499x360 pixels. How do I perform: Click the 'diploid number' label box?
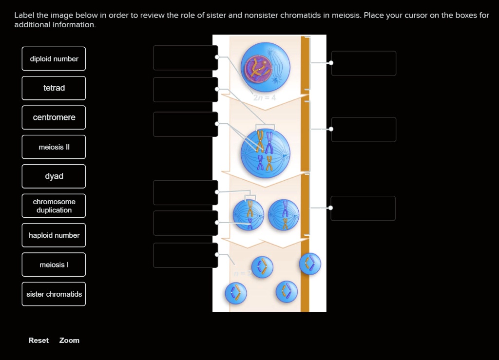coord(54,59)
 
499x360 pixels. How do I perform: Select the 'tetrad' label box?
coord(54,88)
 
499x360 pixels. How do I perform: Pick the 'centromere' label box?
coord(54,117)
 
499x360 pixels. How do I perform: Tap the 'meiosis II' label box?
coord(54,147)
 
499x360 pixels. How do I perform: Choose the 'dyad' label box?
coord(54,176)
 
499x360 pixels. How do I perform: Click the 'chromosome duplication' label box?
coord(54,206)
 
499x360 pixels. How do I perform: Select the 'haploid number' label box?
coord(54,235)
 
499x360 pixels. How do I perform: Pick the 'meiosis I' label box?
coord(54,265)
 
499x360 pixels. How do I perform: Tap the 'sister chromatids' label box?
coord(54,294)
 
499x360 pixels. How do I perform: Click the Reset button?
coord(38,341)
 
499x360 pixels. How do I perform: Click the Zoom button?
coord(69,341)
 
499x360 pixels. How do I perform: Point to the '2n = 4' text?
coord(265,97)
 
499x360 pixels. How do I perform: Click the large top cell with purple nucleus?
coord(265,67)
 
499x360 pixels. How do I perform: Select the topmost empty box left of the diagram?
coord(185,58)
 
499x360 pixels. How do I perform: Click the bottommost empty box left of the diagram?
coord(185,255)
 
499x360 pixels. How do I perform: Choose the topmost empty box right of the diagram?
coord(364,63)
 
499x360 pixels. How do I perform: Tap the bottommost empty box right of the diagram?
coord(363,208)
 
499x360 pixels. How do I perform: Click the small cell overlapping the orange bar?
coord(310,264)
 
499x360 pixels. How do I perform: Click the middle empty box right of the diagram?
coord(364,130)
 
